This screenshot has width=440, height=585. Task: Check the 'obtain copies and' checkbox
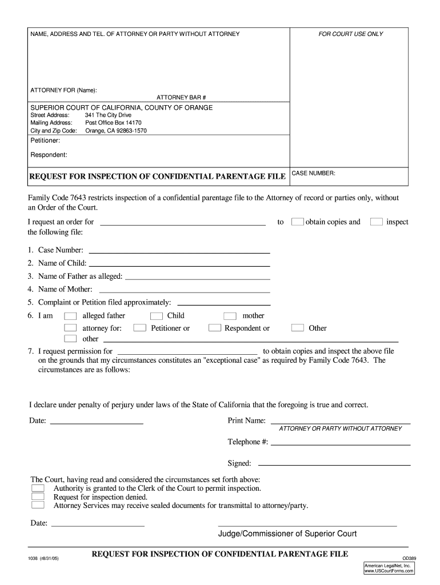[297, 222]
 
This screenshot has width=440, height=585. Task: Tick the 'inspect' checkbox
[376, 222]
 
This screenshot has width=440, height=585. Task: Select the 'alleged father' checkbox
[70, 316]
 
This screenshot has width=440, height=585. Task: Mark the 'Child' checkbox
[156, 316]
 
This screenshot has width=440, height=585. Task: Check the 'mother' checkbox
[230, 316]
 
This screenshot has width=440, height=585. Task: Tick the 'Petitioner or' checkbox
[139, 328]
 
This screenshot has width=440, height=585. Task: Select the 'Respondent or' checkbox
[215, 328]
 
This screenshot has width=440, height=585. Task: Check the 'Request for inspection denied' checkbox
[38, 496]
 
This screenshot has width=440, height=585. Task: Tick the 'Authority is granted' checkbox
[38, 488]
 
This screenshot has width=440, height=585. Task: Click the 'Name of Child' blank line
[179, 264]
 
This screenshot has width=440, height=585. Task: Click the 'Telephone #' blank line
[341, 443]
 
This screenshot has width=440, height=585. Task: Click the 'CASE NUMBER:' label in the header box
[314, 173]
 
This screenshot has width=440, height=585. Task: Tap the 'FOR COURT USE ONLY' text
[350, 34]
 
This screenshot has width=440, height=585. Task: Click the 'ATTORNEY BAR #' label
[181, 98]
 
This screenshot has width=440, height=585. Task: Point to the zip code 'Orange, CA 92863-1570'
[116, 130]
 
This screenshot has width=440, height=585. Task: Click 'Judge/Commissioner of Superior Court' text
[287, 534]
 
